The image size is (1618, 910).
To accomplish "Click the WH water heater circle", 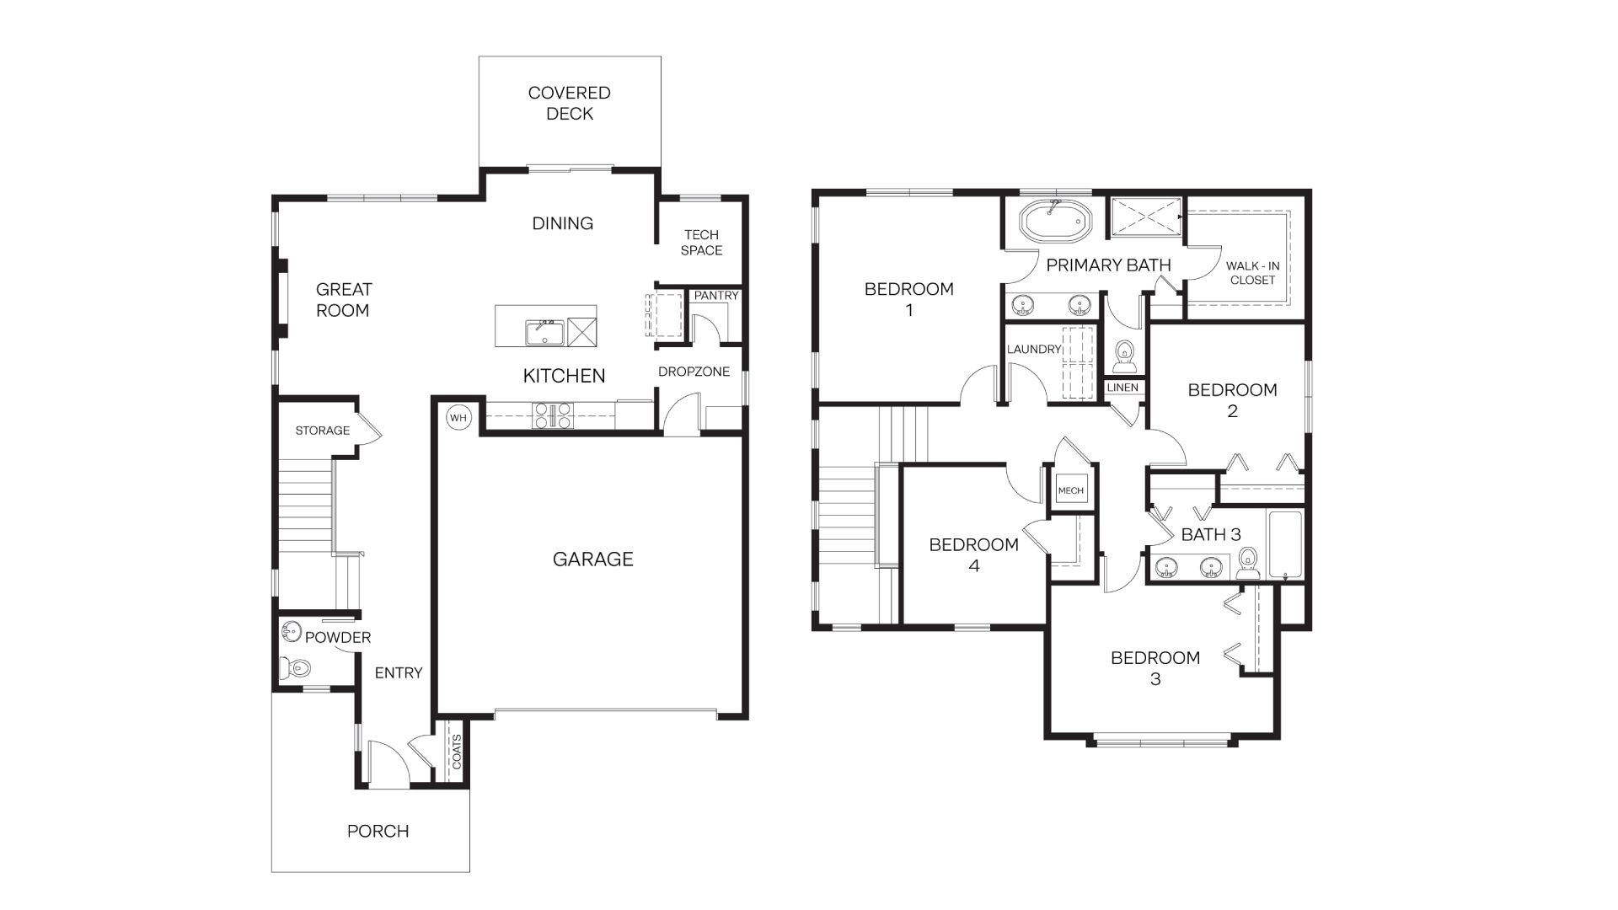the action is [458, 418].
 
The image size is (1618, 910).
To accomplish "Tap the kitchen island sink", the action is [545, 332].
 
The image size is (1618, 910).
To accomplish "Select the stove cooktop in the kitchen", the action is [552, 415].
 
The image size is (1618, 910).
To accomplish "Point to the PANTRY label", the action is [716, 296].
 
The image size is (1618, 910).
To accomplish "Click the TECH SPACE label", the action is [701, 243].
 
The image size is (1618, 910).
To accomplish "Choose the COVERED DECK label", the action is [570, 104].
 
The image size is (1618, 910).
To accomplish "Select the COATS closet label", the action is [457, 752].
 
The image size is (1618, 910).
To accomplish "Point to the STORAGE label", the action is [322, 431].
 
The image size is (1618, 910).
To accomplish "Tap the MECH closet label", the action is [1070, 490].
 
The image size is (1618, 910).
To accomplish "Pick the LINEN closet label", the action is [1122, 388].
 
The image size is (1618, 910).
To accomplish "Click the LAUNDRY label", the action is [1034, 349].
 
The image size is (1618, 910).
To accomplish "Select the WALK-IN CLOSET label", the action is [1252, 273].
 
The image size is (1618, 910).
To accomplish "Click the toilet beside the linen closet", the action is [1124, 356].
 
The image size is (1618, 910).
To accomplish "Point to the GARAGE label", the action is [592, 559].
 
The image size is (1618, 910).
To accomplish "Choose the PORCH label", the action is [378, 831].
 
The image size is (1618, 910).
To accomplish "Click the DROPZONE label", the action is [694, 372].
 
